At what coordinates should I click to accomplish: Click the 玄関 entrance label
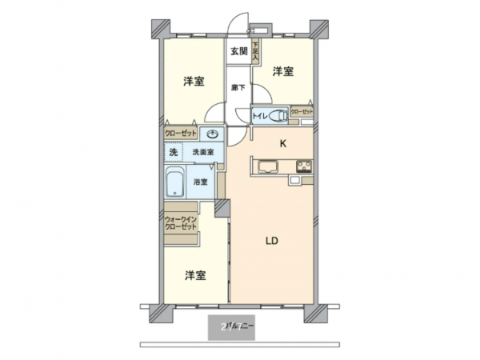[x=238, y=52]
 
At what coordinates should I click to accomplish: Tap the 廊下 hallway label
[x=238, y=87]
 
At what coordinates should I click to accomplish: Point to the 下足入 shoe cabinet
[x=256, y=53]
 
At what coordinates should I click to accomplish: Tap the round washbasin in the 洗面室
[x=214, y=135]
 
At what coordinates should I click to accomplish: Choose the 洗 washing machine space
[x=173, y=152]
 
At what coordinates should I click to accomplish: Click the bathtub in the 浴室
[x=175, y=182]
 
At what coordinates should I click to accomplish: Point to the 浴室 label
[x=201, y=182]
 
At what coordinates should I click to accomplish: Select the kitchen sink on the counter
[x=267, y=167]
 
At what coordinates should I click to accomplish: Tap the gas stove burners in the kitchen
[x=304, y=167]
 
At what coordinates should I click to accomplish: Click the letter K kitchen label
[x=282, y=145]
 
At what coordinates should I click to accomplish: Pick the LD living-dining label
[x=274, y=240]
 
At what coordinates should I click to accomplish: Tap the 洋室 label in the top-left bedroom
[x=192, y=82]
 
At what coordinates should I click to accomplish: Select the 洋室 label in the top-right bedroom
[x=282, y=72]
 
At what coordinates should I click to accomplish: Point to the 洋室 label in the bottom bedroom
[x=195, y=276]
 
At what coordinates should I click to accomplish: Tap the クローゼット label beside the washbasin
[x=181, y=134]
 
